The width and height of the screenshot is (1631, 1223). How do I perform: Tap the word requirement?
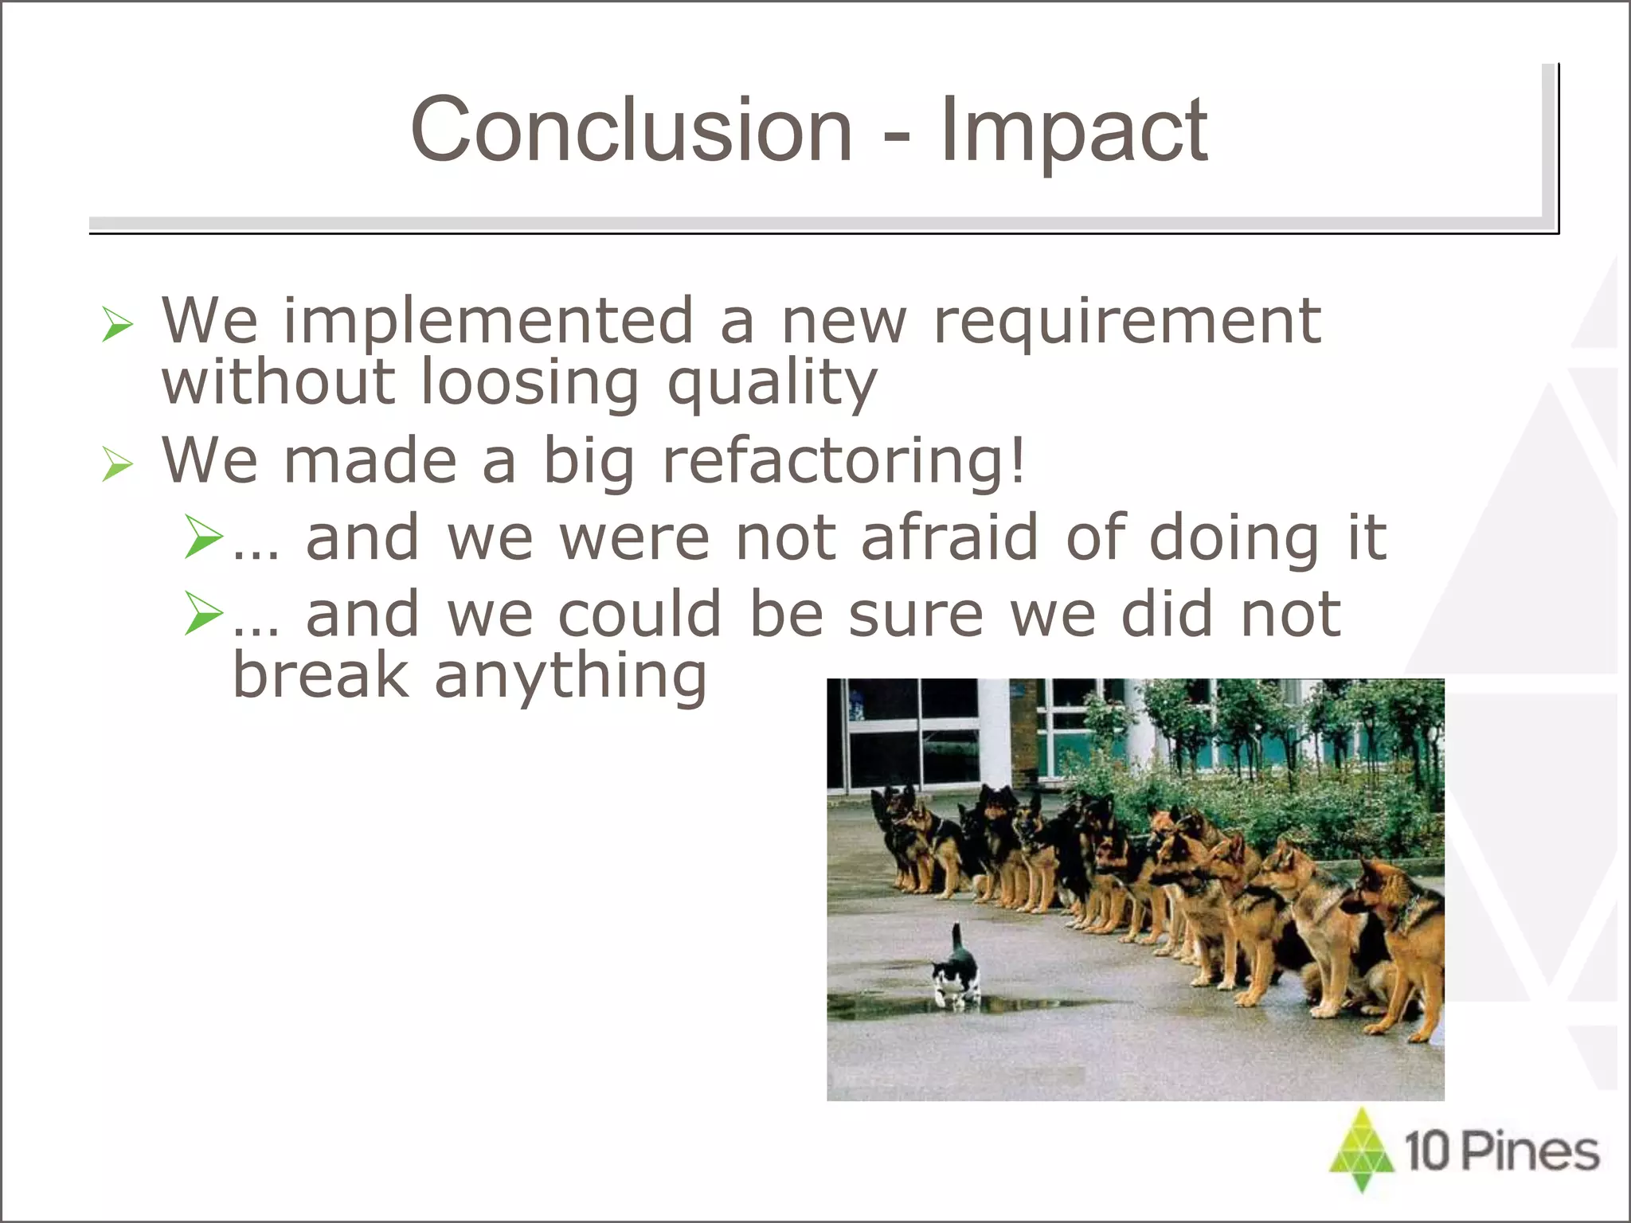coord(1127,322)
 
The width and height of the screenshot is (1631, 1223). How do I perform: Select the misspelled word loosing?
coord(530,384)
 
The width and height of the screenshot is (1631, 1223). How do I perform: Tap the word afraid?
coord(949,537)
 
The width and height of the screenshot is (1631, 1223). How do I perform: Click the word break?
coord(320,675)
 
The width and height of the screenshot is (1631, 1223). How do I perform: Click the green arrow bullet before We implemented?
coord(117,325)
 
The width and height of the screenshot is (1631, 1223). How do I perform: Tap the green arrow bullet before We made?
coord(117,464)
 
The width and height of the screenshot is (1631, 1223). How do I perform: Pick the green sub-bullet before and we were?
coord(202,537)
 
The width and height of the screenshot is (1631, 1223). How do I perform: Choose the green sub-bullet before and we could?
coord(202,613)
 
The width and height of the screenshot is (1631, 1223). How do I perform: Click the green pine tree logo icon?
coord(1362,1149)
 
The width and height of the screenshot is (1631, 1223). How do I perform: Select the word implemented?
coord(488,322)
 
